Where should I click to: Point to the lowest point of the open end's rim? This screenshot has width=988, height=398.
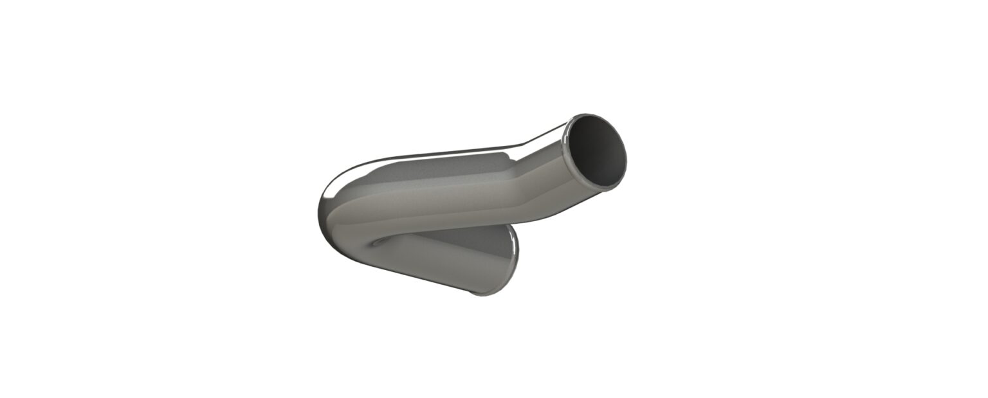pyautogui.click(x=608, y=188)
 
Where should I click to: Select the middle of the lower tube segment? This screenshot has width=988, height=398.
pyautogui.click(x=444, y=257)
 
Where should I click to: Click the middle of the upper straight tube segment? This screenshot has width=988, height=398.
pyautogui.click(x=437, y=199)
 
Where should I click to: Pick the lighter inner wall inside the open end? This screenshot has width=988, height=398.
pyautogui.click(x=614, y=161)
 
